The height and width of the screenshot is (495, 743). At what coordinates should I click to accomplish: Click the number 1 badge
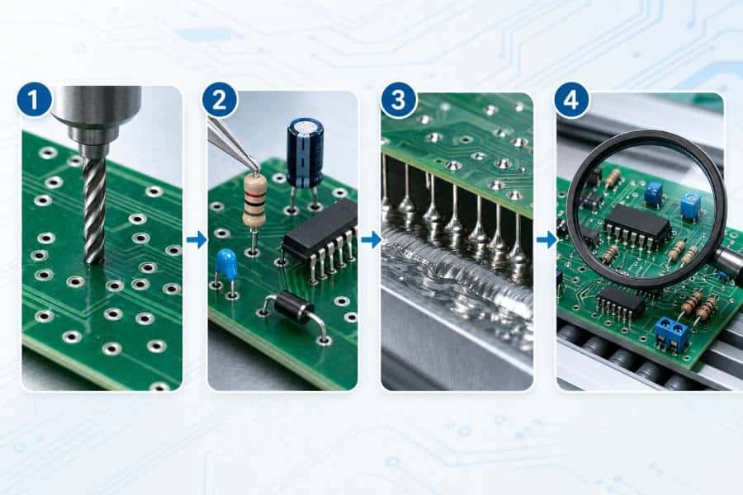(34, 101)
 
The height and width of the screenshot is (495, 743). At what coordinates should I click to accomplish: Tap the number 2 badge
(220, 101)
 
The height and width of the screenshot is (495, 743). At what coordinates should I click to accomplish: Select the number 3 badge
(399, 101)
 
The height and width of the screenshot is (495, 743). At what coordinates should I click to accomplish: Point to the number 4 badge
(571, 101)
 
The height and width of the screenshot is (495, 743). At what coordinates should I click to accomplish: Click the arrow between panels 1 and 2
(196, 239)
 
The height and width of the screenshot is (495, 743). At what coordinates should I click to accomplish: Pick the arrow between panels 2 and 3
(371, 239)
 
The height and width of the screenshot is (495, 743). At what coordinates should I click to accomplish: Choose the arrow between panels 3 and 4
(547, 239)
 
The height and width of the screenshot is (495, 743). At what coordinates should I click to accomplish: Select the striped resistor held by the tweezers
(255, 200)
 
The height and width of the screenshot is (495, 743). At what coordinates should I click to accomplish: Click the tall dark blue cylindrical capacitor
(305, 153)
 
